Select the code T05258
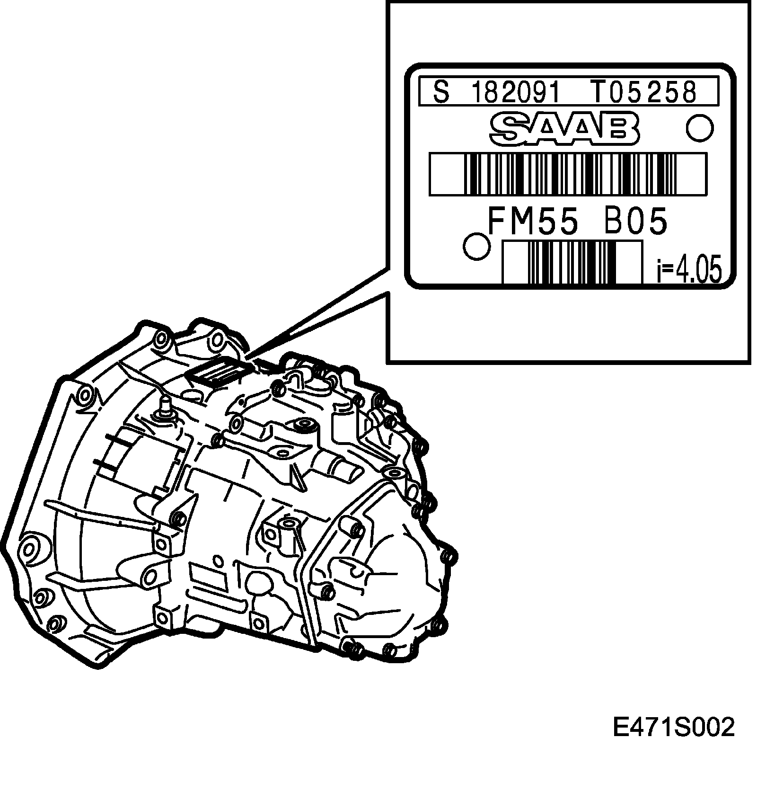coord(643,92)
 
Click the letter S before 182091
coord(441,92)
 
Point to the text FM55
coord(533,222)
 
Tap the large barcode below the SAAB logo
coord(568,174)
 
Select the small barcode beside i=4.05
coord(572,262)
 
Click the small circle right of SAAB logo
coord(699,128)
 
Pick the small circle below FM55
coord(477,246)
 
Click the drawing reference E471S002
coord(674,728)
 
